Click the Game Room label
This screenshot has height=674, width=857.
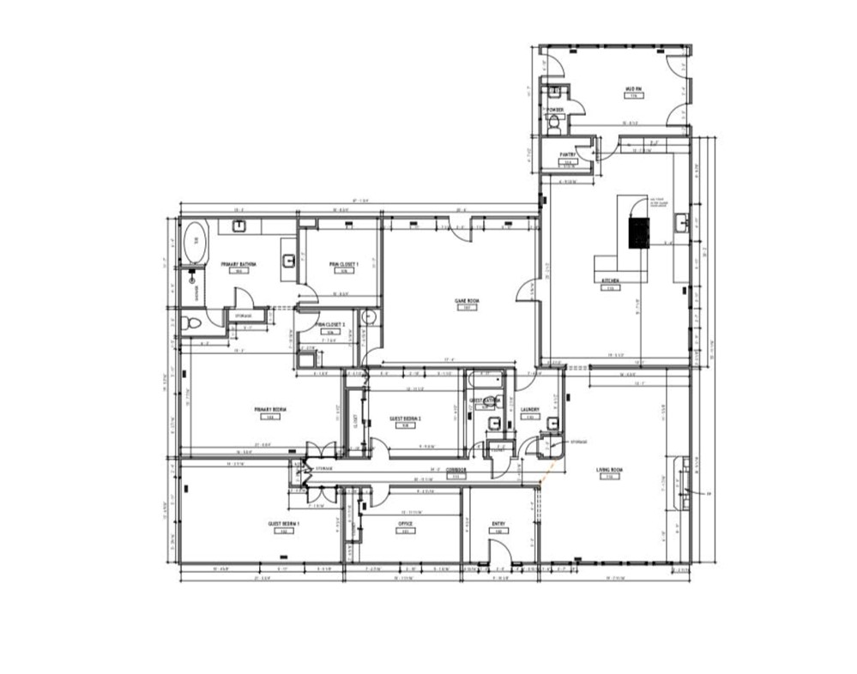[466, 300]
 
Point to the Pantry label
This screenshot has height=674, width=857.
[567, 154]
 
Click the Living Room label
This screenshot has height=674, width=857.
[609, 470]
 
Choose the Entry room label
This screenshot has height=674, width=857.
[498, 524]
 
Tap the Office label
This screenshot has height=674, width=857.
[405, 524]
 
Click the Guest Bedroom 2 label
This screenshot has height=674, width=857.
[405, 418]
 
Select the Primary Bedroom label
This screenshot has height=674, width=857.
[270, 410]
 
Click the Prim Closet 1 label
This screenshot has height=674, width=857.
[343, 264]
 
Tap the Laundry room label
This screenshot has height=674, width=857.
[529, 410]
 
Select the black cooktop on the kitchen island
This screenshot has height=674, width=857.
[639, 232]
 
